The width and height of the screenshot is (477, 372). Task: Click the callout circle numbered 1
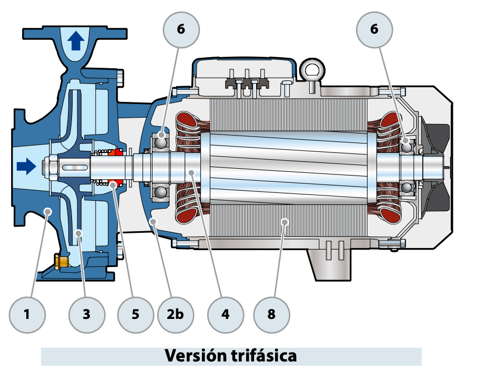(x=27, y=315)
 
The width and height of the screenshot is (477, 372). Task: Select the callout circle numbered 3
(x=87, y=315)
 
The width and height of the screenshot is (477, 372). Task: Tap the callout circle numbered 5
(x=136, y=315)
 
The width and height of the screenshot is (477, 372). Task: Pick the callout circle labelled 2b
(x=176, y=315)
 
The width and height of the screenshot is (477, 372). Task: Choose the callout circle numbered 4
(x=226, y=315)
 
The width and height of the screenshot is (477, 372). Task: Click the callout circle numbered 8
(x=271, y=315)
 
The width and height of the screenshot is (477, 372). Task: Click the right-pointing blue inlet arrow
(x=26, y=167)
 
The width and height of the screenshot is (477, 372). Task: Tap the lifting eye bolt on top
(x=311, y=70)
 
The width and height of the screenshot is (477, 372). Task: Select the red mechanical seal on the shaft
(x=116, y=168)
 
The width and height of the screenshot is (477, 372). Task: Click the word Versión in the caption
(x=196, y=356)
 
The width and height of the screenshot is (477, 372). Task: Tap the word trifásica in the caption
(x=263, y=356)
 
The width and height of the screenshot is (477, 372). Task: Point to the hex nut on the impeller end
(x=54, y=168)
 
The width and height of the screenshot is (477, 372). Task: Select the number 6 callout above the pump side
(x=181, y=29)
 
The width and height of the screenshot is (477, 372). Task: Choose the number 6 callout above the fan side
(x=374, y=29)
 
